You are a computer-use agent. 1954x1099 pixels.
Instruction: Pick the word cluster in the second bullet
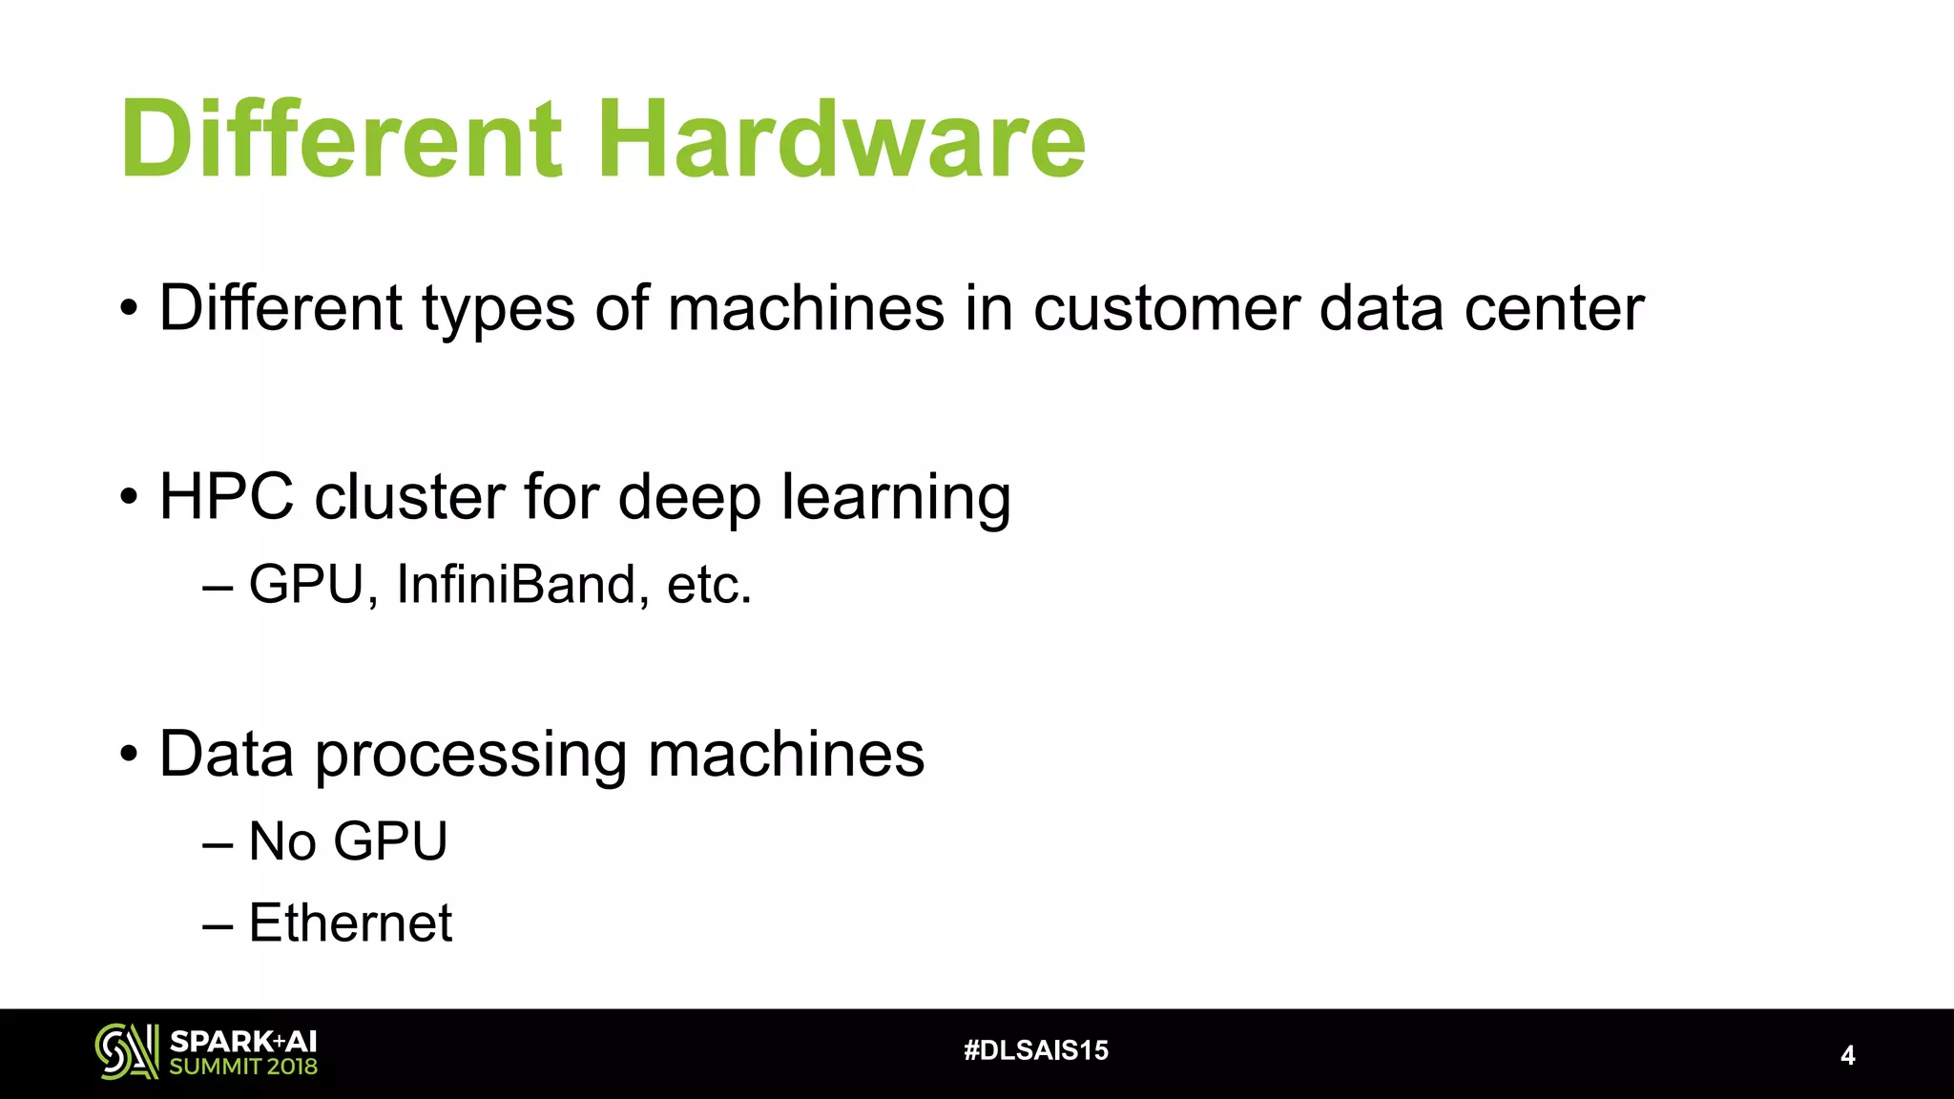[x=409, y=497]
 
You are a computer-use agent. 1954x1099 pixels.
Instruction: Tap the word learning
[x=896, y=499]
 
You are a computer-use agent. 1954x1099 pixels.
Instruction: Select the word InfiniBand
[x=516, y=584]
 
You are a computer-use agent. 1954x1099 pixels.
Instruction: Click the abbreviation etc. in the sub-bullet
[x=709, y=585]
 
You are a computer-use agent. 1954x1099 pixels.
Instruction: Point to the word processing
[x=470, y=756]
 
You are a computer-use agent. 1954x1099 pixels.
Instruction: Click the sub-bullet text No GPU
[x=347, y=841]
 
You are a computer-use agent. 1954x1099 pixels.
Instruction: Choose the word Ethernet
[x=350, y=923]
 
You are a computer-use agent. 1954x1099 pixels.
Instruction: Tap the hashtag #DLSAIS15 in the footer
[x=1036, y=1050]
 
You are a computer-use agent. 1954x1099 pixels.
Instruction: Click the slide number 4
[x=1847, y=1055]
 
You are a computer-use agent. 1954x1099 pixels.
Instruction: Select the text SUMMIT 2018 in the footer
[x=243, y=1067]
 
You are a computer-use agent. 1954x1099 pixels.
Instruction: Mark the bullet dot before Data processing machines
[x=129, y=755]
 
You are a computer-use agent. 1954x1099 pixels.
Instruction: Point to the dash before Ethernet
[x=218, y=923]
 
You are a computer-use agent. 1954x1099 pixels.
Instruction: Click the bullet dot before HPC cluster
[x=129, y=497]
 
